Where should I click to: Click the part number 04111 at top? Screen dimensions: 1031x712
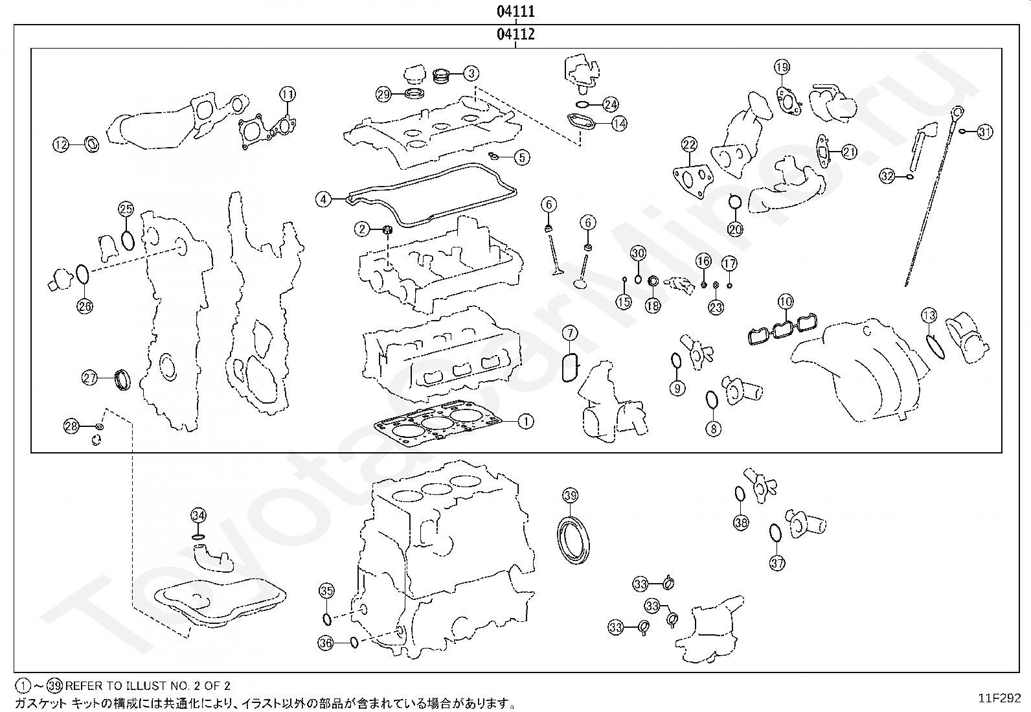[515, 11]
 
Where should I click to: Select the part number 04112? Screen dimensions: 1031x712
[515, 34]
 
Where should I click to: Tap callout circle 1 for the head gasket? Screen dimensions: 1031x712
[526, 422]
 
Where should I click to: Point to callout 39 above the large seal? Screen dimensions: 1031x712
[570, 496]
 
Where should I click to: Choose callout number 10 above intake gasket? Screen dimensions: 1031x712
[786, 301]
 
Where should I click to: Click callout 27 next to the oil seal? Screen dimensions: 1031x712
[90, 377]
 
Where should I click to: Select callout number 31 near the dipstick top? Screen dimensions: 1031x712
[984, 132]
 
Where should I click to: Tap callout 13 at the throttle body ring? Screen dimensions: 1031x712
[929, 316]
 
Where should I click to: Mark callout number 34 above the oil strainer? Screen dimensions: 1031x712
[199, 516]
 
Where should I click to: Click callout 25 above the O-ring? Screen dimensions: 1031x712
[126, 209]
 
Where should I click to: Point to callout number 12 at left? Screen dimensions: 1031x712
[61, 145]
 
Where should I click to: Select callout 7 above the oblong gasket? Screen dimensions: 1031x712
[569, 334]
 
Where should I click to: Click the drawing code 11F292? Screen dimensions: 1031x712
[999, 698]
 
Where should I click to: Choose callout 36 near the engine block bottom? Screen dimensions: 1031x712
[326, 643]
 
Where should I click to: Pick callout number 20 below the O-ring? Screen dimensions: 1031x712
[736, 229]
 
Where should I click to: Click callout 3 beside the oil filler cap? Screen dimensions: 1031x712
[471, 73]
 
